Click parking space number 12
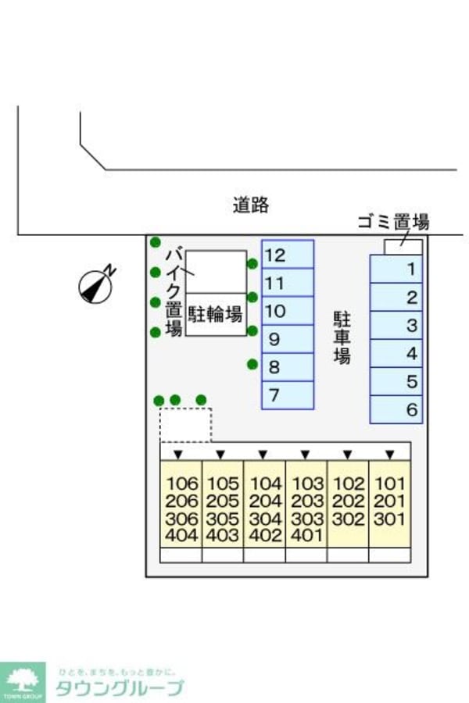[x=287, y=254]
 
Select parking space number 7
[x=287, y=395]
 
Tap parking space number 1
[x=396, y=269]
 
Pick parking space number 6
[x=396, y=409]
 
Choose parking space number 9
[x=287, y=339]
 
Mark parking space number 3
[x=396, y=325]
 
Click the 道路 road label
[x=251, y=205]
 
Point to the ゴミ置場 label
[x=392, y=222]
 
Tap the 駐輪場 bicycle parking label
[x=215, y=315]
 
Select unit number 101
[x=389, y=484]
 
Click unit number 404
[x=181, y=536]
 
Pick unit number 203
[x=307, y=501]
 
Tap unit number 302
[x=348, y=519]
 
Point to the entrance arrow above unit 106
[x=179, y=454]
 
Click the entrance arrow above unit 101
[x=389, y=454]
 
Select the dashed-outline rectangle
[x=186, y=424]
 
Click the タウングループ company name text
[x=119, y=687]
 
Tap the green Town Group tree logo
[x=23, y=681]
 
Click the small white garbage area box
[x=403, y=247]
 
